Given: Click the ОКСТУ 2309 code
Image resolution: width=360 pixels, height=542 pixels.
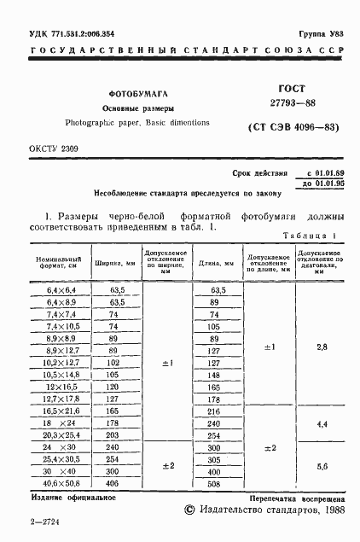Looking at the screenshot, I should tap(53, 149).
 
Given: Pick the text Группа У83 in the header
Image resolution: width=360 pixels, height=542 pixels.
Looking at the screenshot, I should tap(322, 33).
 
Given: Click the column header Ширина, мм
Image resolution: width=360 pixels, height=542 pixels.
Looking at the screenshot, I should tap(115, 265).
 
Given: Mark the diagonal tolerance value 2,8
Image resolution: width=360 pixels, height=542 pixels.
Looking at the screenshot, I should tap(321, 347).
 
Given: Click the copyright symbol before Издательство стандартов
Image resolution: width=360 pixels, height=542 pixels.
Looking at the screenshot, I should tap(189, 510).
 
